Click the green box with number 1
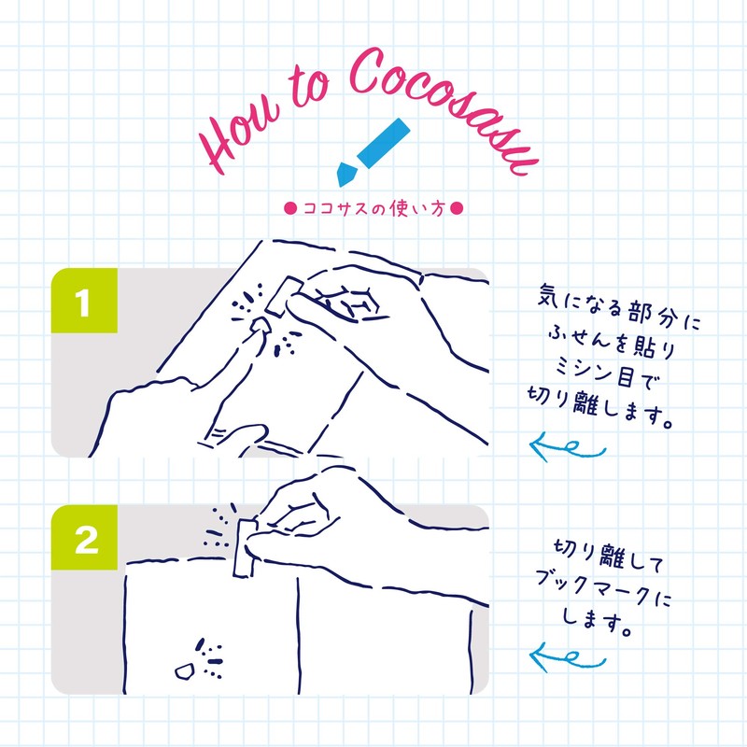tap(83, 303)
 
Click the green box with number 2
tap(83, 541)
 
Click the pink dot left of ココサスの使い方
tap(289, 209)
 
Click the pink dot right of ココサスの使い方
tap(457, 209)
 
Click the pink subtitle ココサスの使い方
tap(373, 209)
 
